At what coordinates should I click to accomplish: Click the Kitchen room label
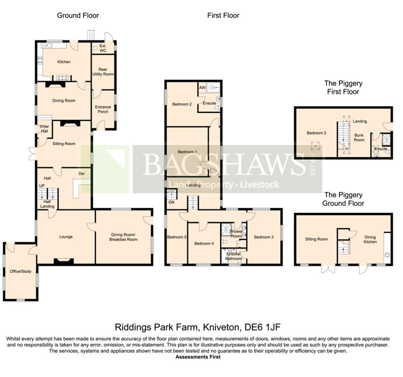click(64, 62)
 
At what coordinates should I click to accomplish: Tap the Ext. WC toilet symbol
click(95, 48)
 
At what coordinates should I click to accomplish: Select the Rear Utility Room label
click(103, 72)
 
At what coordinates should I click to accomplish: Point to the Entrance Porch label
click(103, 109)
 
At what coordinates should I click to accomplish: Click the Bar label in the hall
click(82, 174)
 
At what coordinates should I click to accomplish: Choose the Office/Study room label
click(21, 271)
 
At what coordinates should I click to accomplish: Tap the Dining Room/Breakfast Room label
click(123, 237)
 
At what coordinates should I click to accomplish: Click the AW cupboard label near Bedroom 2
click(202, 88)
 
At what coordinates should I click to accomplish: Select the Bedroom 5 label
click(177, 237)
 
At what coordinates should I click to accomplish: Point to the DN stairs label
click(172, 202)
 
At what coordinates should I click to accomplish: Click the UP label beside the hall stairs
click(42, 186)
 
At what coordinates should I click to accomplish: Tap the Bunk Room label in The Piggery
click(359, 138)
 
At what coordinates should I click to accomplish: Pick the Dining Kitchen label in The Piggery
click(370, 239)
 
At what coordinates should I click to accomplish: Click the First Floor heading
click(223, 15)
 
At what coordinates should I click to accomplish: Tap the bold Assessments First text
click(198, 357)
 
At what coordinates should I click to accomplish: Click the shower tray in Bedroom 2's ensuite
click(213, 88)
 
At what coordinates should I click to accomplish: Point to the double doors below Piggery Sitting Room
click(328, 268)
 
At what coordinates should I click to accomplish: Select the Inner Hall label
click(44, 129)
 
